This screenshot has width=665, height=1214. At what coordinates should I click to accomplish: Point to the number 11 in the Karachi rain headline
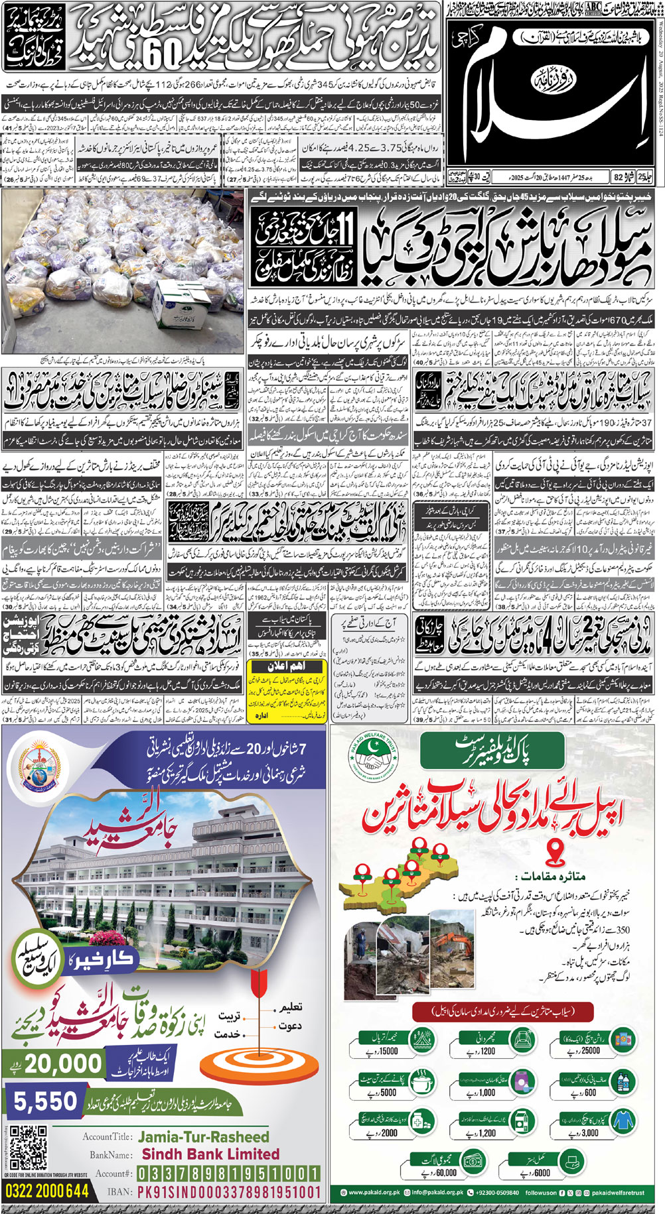click(348, 239)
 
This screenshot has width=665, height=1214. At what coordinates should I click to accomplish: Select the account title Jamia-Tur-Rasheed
click(203, 1137)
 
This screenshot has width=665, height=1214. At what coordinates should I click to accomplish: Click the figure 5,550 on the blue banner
click(46, 1101)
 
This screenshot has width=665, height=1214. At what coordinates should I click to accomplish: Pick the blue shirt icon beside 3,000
click(623, 1121)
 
